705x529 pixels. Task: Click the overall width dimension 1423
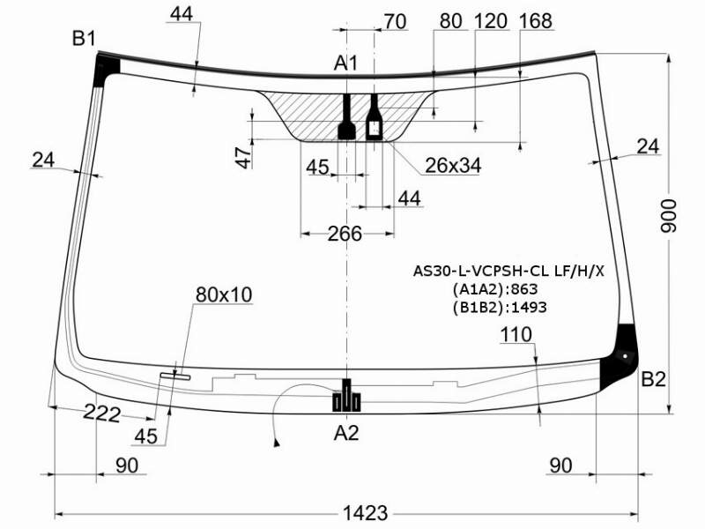coord(365,513)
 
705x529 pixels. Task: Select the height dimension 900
coord(669,216)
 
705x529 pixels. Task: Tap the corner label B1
coord(84,39)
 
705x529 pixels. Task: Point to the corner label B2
coord(653,380)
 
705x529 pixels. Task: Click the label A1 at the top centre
coord(345,63)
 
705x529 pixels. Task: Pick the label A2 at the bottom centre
coord(346,433)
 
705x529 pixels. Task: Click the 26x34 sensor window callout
coord(453,166)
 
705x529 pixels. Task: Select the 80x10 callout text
coord(224,294)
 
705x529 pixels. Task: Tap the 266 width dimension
coord(345,234)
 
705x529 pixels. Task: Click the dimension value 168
coord(535,21)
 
